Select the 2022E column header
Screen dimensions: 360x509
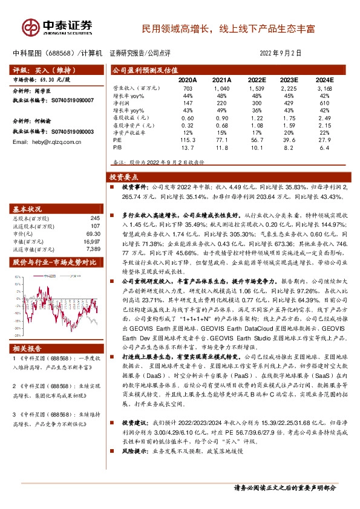coord(256,79)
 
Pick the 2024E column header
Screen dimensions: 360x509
coord(324,79)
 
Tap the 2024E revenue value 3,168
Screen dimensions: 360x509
coord(324,89)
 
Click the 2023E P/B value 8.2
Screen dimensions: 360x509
coord(290,147)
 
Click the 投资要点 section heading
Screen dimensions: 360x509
coord(124,178)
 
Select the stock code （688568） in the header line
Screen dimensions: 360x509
coord(61,53)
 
